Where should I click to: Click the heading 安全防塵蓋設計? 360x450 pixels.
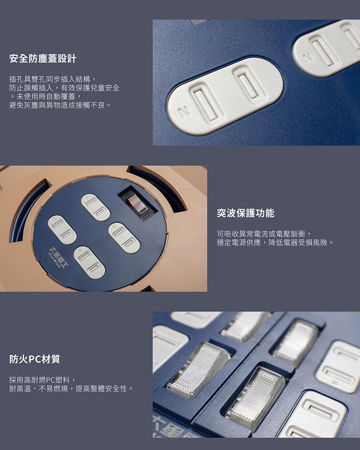(43, 58)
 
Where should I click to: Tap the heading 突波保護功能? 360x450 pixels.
(246, 213)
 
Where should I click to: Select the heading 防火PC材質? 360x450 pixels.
(35, 359)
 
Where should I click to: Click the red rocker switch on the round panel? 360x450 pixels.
(135, 202)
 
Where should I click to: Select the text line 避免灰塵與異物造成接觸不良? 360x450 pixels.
(60, 105)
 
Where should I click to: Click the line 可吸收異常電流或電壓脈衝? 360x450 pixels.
(263, 234)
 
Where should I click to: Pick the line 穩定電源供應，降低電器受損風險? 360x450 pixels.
(275, 242)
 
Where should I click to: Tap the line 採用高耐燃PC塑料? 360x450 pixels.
(43, 380)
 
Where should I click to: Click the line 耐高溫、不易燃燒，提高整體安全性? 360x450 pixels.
(71, 388)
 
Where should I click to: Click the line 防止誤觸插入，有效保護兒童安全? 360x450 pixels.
(64, 88)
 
